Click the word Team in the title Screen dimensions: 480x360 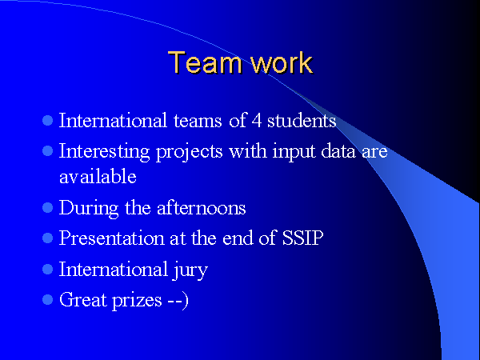pyautogui.click(x=205, y=62)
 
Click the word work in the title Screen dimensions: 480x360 pyautogui.click(x=282, y=62)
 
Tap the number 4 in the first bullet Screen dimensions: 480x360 pyautogui.click(x=257, y=120)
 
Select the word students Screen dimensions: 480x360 pyautogui.click(x=302, y=120)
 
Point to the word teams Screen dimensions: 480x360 pyautogui.click(x=198, y=121)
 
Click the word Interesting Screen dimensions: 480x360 pyautogui.click(x=104, y=152)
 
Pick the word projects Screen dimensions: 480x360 pyautogui.click(x=189, y=152)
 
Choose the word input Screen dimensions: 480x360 pyautogui.click(x=294, y=152)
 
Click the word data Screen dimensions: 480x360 pyautogui.click(x=338, y=151)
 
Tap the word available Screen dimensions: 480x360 pyautogui.click(x=98, y=176)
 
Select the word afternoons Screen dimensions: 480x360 pyautogui.click(x=201, y=208)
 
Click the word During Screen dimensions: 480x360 pyautogui.click(x=89, y=209)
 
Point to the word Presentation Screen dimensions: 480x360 pyautogui.click(x=111, y=238)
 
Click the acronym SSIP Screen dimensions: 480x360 pyautogui.click(x=302, y=238)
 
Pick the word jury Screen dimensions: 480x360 pyautogui.click(x=190, y=270)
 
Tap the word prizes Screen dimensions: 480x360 pyautogui.click(x=137, y=301)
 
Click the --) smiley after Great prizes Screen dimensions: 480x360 pyautogui.click(x=178, y=301)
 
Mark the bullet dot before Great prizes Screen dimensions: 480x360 pyautogui.click(x=47, y=299)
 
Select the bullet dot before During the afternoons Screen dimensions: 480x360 pyautogui.click(x=47, y=208)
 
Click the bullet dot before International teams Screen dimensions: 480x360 pyautogui.click(x=47, y=120)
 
